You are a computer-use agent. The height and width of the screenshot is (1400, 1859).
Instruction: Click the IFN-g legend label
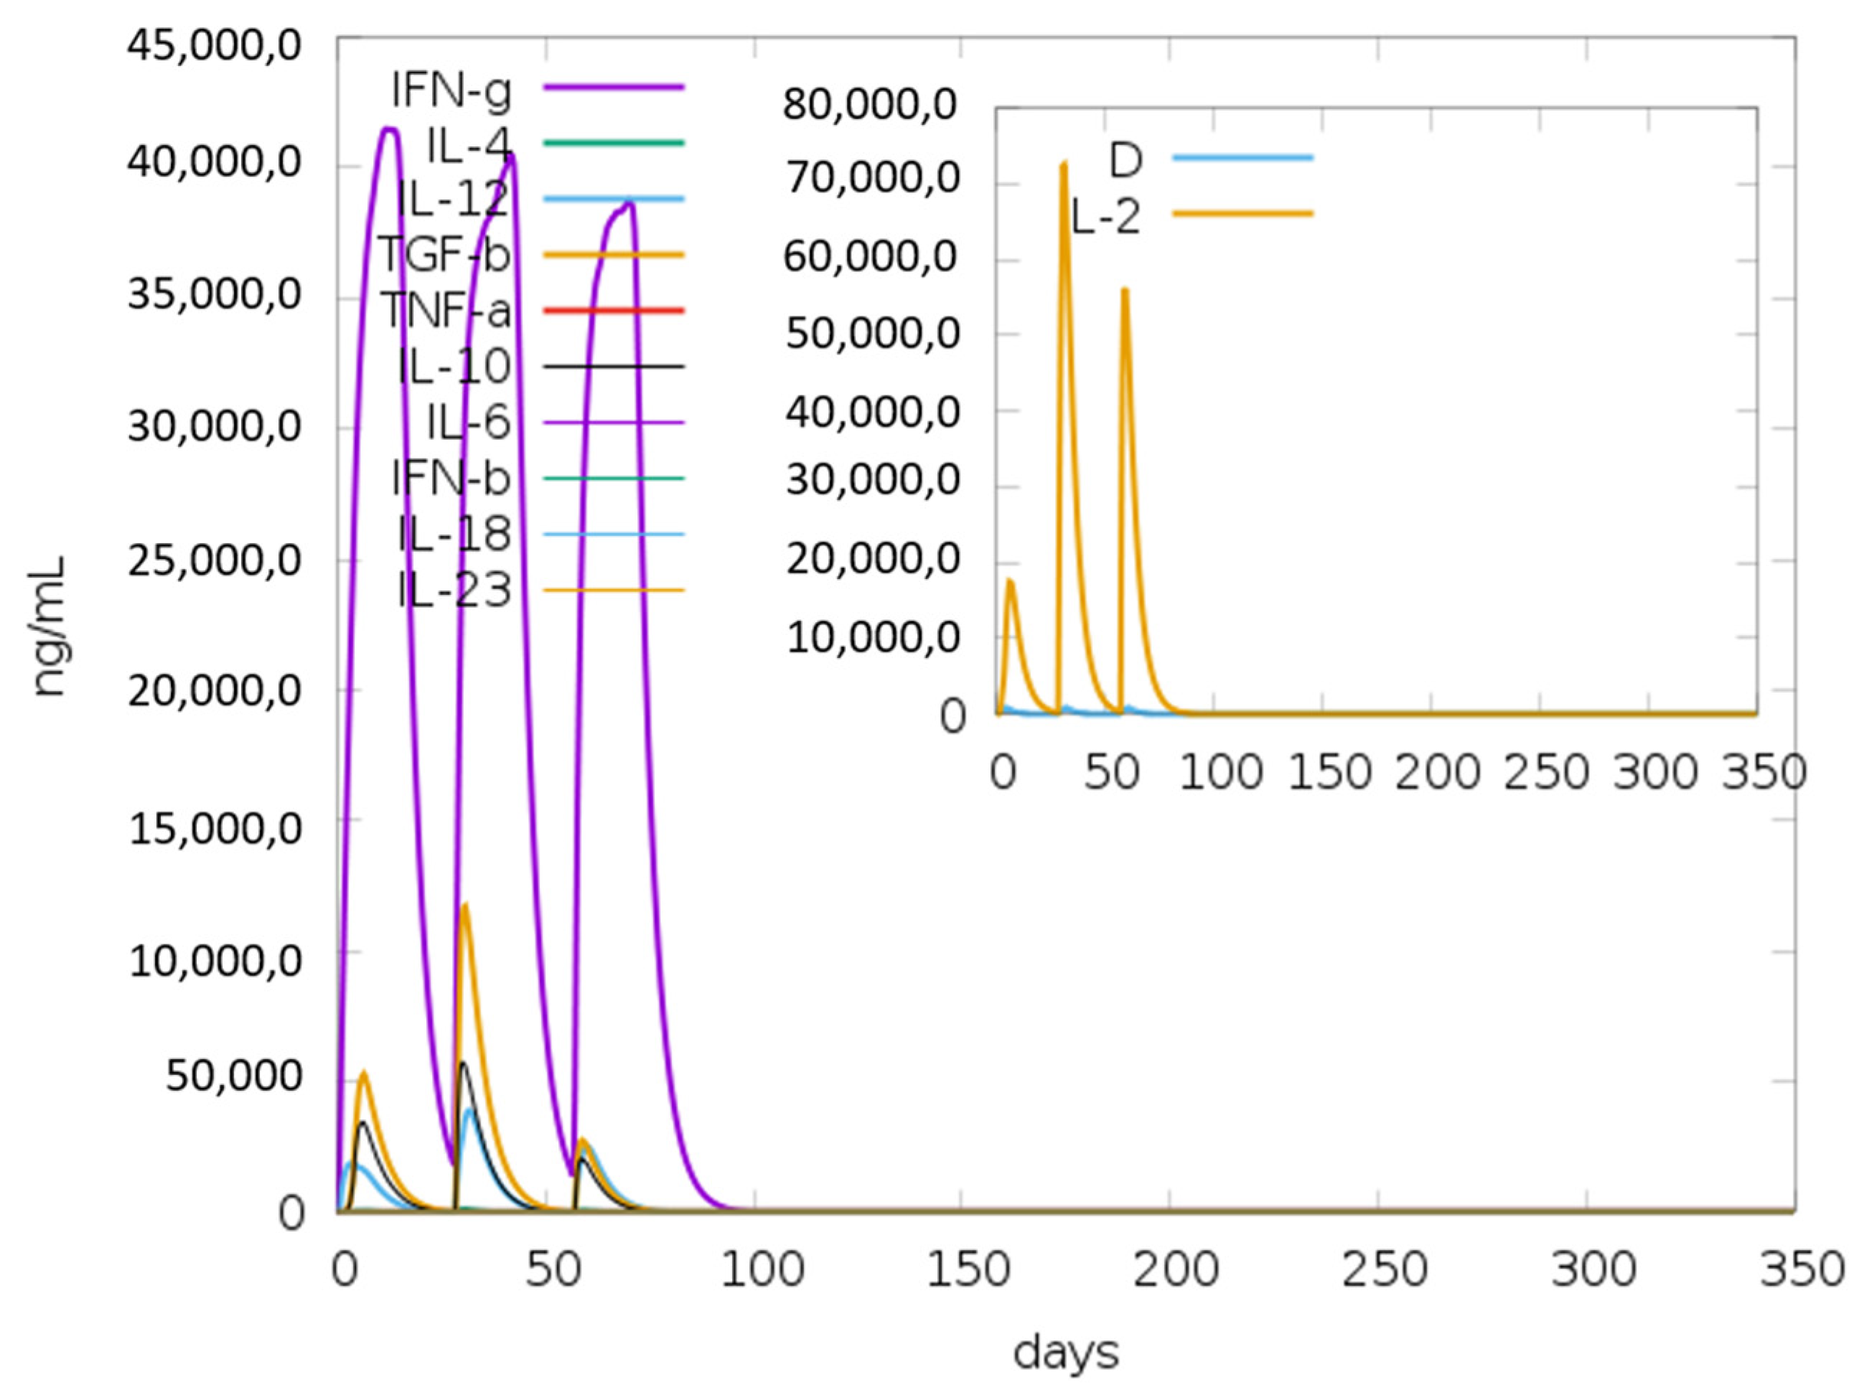(x=451, y=90)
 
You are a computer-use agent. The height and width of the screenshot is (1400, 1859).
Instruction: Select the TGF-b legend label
(x=444, y=254)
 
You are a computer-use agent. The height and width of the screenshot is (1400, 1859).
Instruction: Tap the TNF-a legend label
(x=446, y=310)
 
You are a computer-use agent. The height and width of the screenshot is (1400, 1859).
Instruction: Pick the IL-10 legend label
(x=454, y=367)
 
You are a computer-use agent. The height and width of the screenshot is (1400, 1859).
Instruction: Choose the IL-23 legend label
(x=454, y=590)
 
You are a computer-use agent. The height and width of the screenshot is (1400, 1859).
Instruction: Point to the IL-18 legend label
(x=454, y=534)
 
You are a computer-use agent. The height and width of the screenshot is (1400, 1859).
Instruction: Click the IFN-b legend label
(x=451, y=478)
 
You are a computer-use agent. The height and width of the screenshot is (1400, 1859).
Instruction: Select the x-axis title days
(x=1066, y=1353)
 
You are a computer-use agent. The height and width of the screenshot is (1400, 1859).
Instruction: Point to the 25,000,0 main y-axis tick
(x=215, y=559)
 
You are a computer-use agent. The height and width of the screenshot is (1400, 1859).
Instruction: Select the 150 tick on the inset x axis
(x=1329, y=771)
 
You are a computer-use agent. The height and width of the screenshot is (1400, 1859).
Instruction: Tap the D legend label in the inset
(x=1126, y=160)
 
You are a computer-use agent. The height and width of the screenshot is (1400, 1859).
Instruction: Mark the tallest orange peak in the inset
(x=1064, y=163)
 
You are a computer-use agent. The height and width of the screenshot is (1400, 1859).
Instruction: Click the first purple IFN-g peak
(x=389, y=128)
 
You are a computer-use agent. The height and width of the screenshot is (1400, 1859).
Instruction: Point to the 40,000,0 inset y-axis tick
(x=872, y=412)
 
